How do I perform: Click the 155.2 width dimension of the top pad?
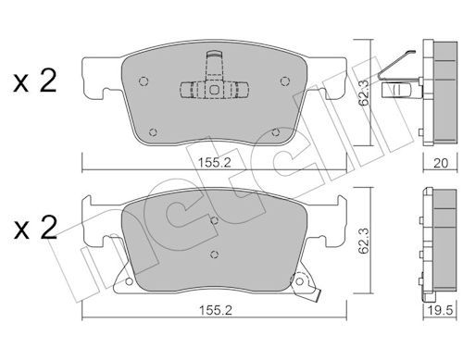(214, 162)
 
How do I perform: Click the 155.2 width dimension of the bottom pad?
(215, 310)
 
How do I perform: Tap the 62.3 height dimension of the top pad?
(365, 93)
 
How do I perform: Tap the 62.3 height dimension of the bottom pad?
(365, 241)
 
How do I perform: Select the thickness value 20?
(441, 163)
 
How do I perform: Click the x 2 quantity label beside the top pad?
(35, 81)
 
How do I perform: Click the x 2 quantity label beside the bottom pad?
(35, 228)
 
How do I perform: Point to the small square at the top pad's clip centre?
(214, 90)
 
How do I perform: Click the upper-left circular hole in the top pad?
(144, 81)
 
